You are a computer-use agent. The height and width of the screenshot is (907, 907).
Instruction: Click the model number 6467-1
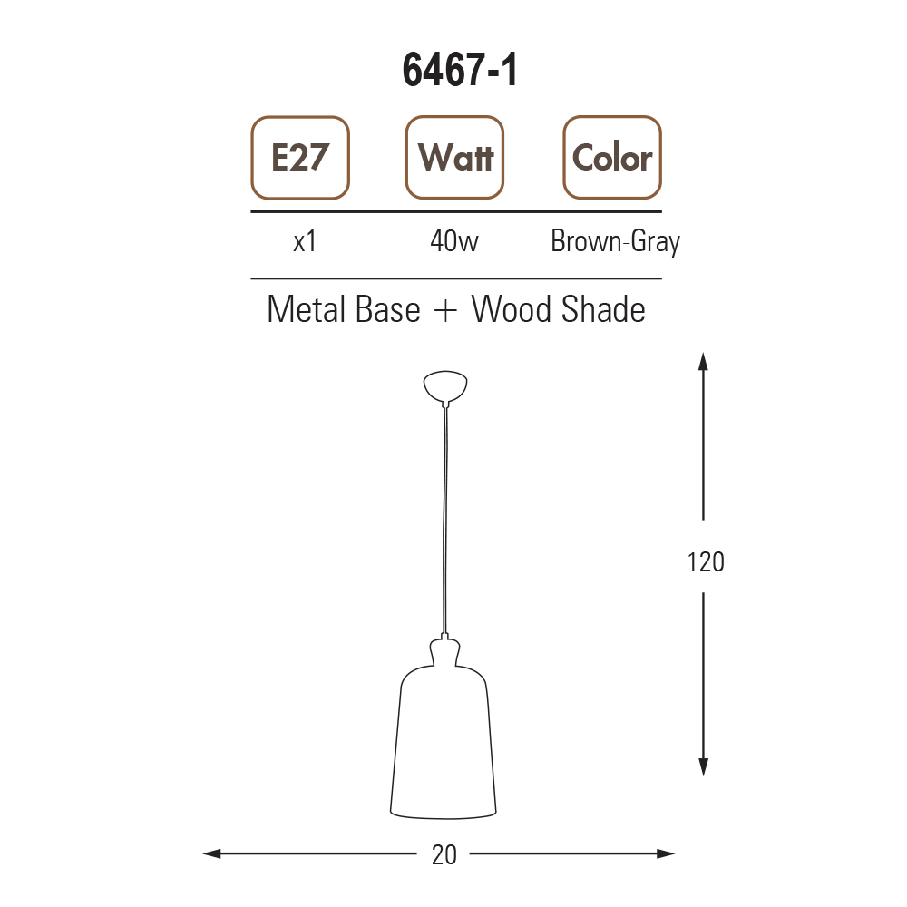pyautogui.click(x=460, y=70)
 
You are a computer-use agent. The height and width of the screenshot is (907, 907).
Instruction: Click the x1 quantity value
pyautogui.click(x=305, y=241)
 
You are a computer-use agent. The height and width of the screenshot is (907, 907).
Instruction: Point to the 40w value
pyautogui.click(x=454, y=241)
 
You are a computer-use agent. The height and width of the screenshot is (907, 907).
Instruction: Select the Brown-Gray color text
pyautogui.click(x=616, y=242)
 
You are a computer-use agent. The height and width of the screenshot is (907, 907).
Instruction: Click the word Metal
pyautogui.click(x=306, y=309)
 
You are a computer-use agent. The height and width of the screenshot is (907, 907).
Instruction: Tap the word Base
pyautogui.click(x=388, y=309)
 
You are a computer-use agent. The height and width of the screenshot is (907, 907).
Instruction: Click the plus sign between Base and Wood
pyautogui.click(x=445, y=311)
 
